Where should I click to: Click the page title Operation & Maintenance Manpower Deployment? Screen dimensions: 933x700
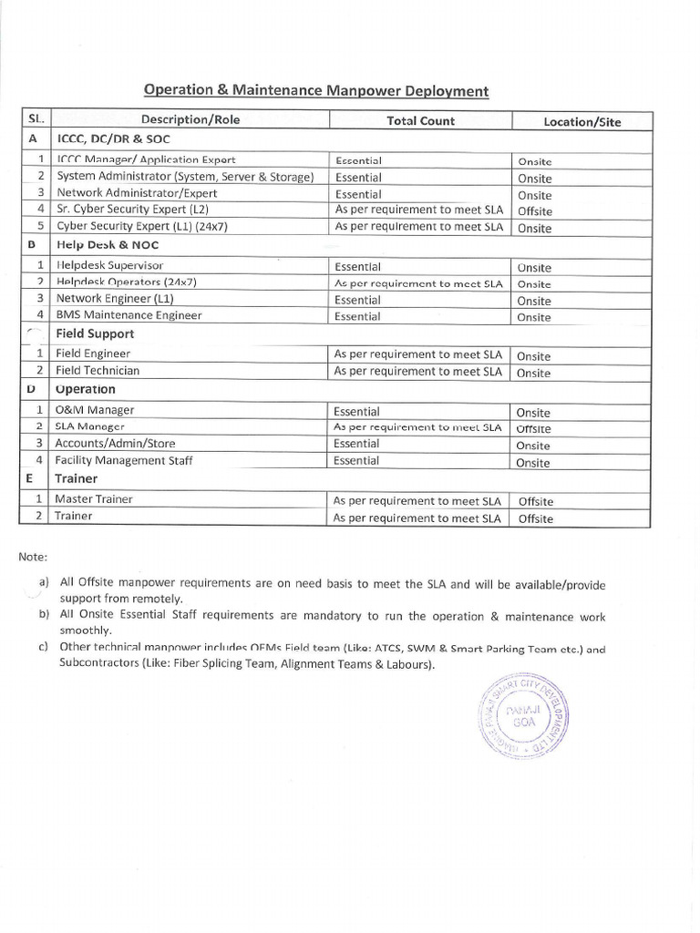pos(315,91)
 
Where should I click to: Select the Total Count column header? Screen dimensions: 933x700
pos(420,120)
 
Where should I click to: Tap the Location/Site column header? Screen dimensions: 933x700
pos(582,121)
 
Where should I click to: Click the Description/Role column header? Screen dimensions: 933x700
pos(190,120)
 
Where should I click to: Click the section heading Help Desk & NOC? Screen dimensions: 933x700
pos(101,245)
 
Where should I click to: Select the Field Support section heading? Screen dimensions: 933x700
pos(95,333)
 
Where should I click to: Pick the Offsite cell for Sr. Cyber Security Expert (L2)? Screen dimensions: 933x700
pos(535,211)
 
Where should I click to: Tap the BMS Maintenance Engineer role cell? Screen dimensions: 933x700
pos(129,315)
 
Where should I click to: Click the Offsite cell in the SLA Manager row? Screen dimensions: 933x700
pos(534,428)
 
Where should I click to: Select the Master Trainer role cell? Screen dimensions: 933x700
pos(94,498)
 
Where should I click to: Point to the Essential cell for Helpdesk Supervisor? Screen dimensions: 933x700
pos(357,266)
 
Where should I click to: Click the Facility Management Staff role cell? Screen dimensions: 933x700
pos(124,460)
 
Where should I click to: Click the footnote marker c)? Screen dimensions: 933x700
pos(43,647)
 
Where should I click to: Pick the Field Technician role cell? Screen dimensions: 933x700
pos(98,370)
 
